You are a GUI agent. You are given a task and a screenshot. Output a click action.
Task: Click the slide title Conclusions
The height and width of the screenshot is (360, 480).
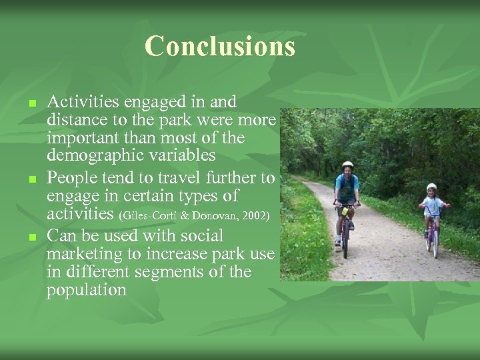219,47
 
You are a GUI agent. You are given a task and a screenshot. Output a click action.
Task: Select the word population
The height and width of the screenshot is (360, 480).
86,291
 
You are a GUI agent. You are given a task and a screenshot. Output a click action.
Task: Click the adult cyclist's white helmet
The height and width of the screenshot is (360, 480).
347,165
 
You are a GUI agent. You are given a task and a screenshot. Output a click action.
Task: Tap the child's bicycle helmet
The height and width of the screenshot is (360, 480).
431,187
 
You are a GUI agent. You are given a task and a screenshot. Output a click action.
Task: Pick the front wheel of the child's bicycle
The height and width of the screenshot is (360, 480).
435,245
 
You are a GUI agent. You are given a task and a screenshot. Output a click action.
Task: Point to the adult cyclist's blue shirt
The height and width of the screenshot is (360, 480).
347,185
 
